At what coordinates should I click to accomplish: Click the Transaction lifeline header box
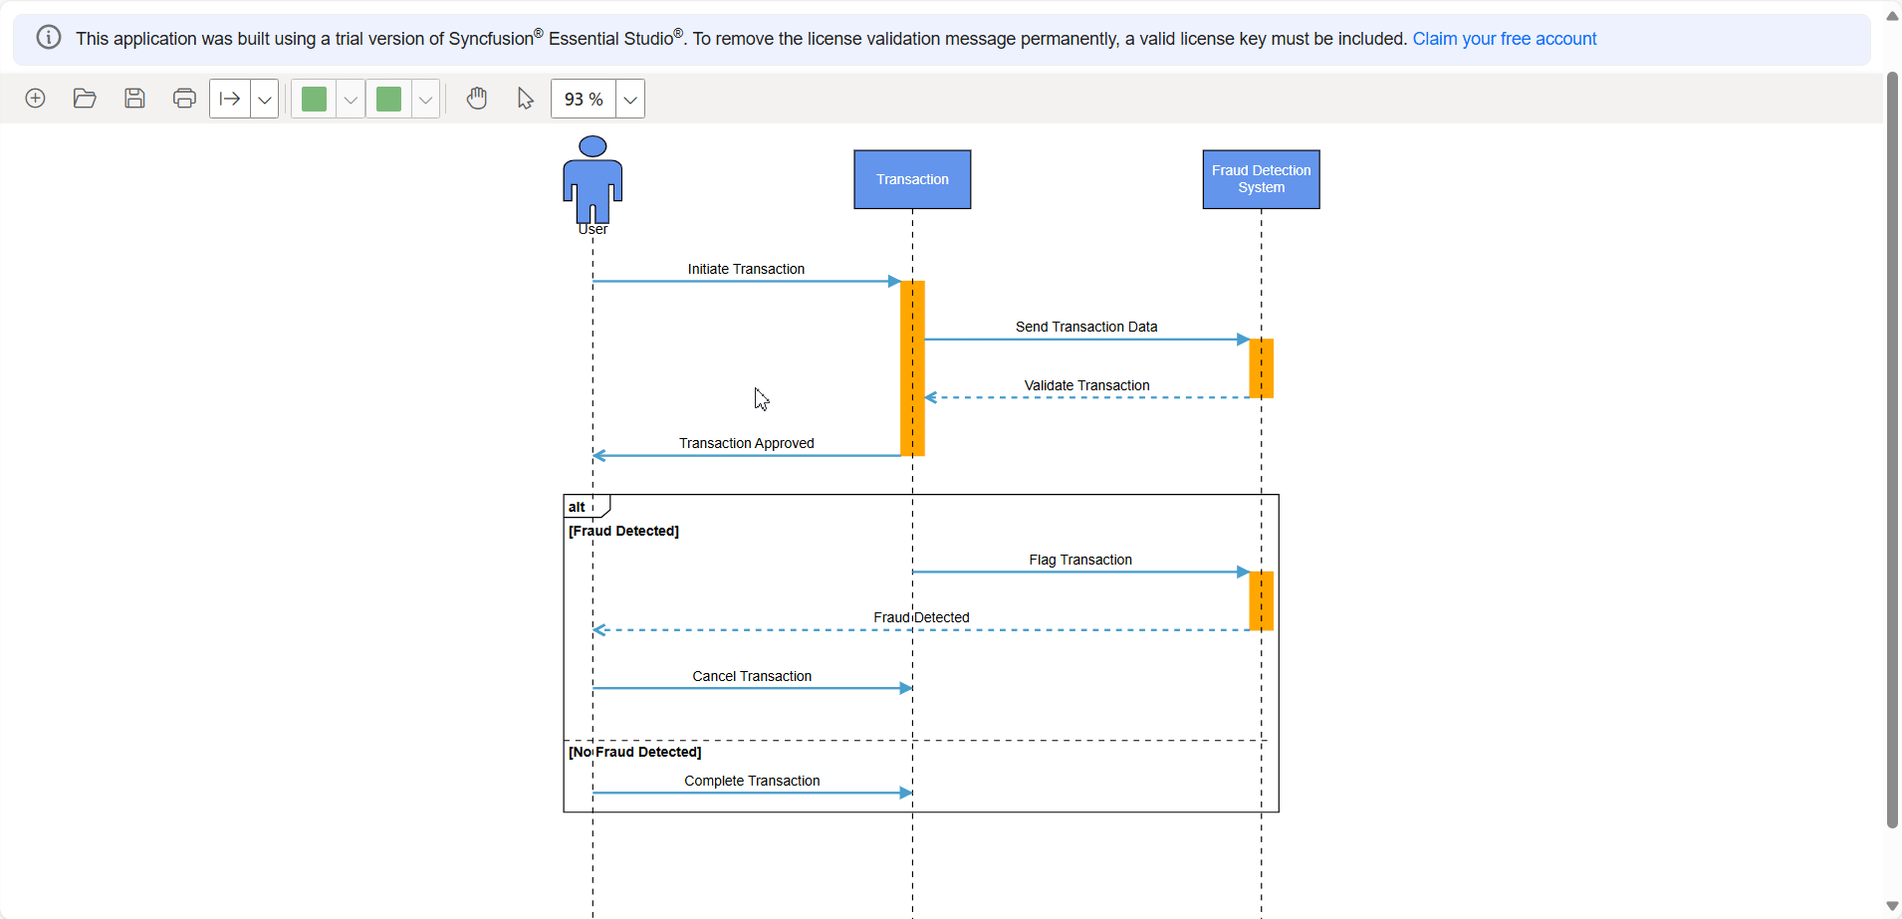(x=912, y=179)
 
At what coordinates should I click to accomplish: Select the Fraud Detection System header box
(x=1261, y=179)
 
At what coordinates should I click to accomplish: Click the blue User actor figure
(x=593, y=180)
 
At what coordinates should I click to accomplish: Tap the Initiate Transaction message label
(x=746, y=269)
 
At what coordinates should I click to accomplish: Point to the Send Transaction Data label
(x=1085, y=327)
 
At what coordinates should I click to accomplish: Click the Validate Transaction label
(x=1086, y=385)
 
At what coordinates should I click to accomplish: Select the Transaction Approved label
(x=746, y=443)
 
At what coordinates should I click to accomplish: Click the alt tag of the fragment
(x=578, y=507)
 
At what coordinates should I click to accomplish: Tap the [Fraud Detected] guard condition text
(x=623, y=531)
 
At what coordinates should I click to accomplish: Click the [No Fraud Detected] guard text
(x=634, y=752)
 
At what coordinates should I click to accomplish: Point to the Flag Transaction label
(x=1080, y=560)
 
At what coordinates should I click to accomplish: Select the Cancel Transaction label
(x=752, y=676)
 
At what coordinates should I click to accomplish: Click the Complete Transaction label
(x=752, y=781)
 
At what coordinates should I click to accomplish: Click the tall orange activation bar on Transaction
(x=912, y=368)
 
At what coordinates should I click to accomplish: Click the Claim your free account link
(x=1504, y=39)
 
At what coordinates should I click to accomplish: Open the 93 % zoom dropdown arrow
(x=630, y=100)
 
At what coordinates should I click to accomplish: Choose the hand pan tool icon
(x=477, y=99)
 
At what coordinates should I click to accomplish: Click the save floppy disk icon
(x=134, y=99)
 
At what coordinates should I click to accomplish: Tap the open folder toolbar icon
(x=85, y=99)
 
